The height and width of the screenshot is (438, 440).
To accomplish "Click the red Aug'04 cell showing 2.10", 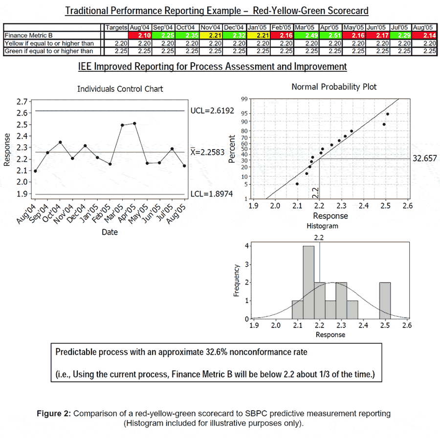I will (x=140, y=36).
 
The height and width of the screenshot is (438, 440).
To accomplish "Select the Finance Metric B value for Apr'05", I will (x=330, y=36).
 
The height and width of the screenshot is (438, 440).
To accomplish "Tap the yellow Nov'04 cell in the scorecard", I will (x=211, y=36).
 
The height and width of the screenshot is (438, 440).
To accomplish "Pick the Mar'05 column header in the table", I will (x=307, y=27).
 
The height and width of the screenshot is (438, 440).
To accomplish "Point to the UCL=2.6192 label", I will (x=212, y=111).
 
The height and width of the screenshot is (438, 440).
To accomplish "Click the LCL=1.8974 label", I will (x=212, y=195).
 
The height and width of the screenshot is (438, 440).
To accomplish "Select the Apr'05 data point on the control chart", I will (x=134, y=123).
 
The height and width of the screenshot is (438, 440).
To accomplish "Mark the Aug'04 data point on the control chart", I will (x=35, y=171).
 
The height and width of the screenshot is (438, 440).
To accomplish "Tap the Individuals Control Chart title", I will (x=120, y=89).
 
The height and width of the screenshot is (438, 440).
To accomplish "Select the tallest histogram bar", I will (x=308, y=283).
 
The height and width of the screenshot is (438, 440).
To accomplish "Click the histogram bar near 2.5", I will (x=384, y=301).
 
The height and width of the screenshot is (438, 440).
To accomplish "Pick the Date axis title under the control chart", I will (x=110, y=232).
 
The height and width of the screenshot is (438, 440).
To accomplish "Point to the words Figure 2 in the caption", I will (x=54, y=414).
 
